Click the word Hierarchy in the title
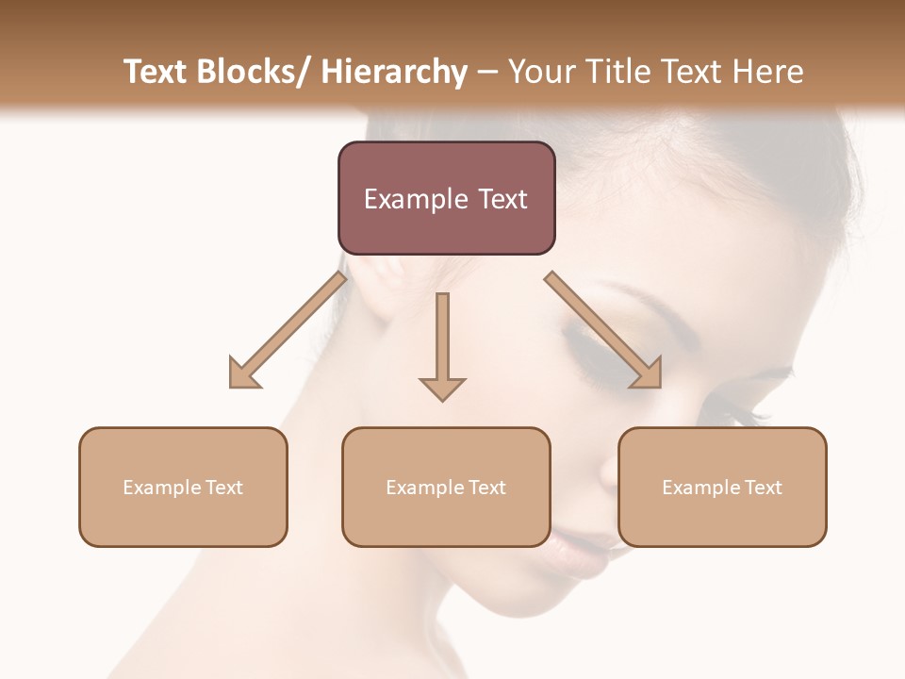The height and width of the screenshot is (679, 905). (x=394, y=72)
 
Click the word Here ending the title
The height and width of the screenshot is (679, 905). (x=767, y=72)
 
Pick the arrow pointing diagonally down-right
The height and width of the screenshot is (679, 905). (x=603, y=330)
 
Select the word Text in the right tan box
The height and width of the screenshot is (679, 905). (x=763, y=488)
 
